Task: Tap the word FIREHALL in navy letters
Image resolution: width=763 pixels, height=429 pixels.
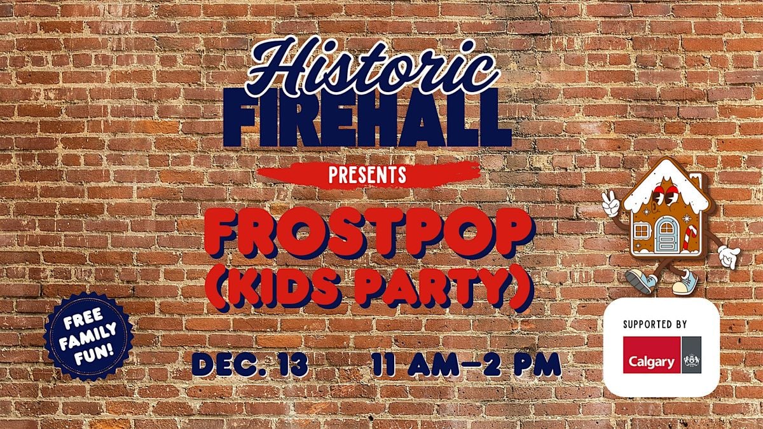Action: (368, 118)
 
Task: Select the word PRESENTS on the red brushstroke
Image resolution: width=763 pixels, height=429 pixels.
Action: (368, 175)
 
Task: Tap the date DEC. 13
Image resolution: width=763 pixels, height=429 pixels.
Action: (250, 364)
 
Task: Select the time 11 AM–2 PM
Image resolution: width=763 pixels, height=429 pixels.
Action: (467, 364)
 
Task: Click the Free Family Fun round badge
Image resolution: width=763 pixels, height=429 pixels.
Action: (88, 336)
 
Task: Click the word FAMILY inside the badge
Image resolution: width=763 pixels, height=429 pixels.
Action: (88, 336)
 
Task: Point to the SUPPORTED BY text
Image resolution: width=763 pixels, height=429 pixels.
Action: (655, 324)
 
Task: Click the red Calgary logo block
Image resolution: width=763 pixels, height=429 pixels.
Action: (652, 355)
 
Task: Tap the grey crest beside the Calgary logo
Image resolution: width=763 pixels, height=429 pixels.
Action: (692, 355)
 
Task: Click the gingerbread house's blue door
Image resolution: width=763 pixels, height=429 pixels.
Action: (667, 235)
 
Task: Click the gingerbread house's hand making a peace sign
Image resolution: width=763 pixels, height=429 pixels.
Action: (610, 203)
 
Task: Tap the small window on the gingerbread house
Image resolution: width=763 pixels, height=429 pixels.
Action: (642, 231)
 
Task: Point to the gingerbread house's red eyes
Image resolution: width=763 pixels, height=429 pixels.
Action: (664, 194)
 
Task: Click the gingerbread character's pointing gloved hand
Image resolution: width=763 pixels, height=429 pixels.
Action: (729, 256)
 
